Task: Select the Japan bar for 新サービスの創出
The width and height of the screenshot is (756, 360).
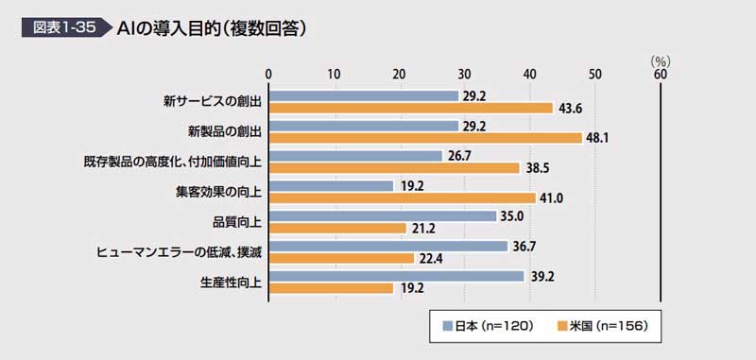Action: pyautogui.click(x=364, y=95)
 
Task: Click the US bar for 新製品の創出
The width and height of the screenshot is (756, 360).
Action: pyautogui.click(x=425, y=137)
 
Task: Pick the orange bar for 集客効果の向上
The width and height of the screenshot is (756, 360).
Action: pyautogui.click(x=403, y=197)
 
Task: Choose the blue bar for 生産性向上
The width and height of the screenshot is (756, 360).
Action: pyautogui.click(x=397, y=276)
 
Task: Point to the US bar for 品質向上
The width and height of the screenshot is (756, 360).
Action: pyautogui.click(x=338, y=227)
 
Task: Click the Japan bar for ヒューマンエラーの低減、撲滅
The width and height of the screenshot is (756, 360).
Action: pyautogui.click(x=388, y=246)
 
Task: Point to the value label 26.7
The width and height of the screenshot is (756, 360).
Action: pyautogui.click(x=460, y=156)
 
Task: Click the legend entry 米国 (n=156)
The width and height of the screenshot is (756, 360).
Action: pyautogui.click(x=601, y=326)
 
